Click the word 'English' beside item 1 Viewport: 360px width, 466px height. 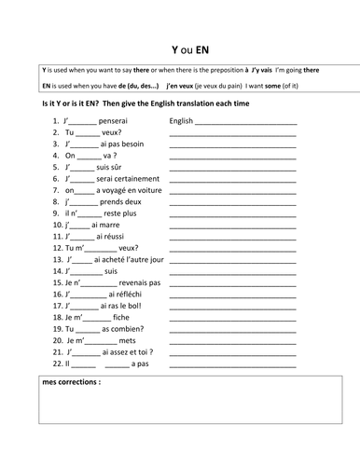point(181,121)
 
